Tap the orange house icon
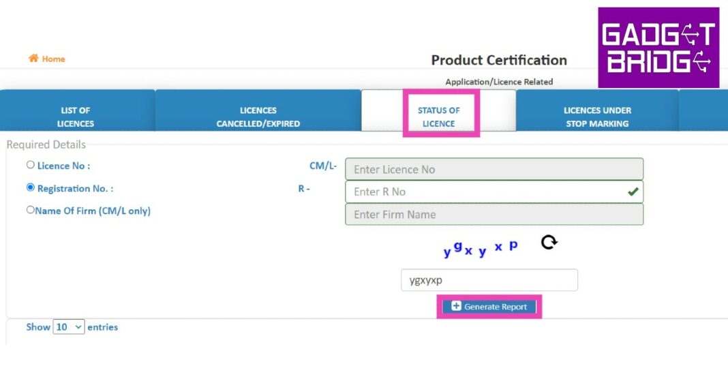(x=33, y=58)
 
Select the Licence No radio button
(x=31, y=165)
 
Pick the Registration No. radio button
(x=31, y=187)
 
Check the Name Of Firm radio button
(x=31, y=210)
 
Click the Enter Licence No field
(x=494, y=169)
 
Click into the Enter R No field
(x=494, y=192)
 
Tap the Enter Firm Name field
(x=494, y=215)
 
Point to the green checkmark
(x=633, y=192)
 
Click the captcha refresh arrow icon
(x=549, y=242)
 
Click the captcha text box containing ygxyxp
(x=489, y=280)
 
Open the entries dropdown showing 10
(x=69, y=326)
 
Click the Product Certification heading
(x=499, y=61)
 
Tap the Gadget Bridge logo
(x=658, y=47)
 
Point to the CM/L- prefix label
(x=323, y=166)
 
